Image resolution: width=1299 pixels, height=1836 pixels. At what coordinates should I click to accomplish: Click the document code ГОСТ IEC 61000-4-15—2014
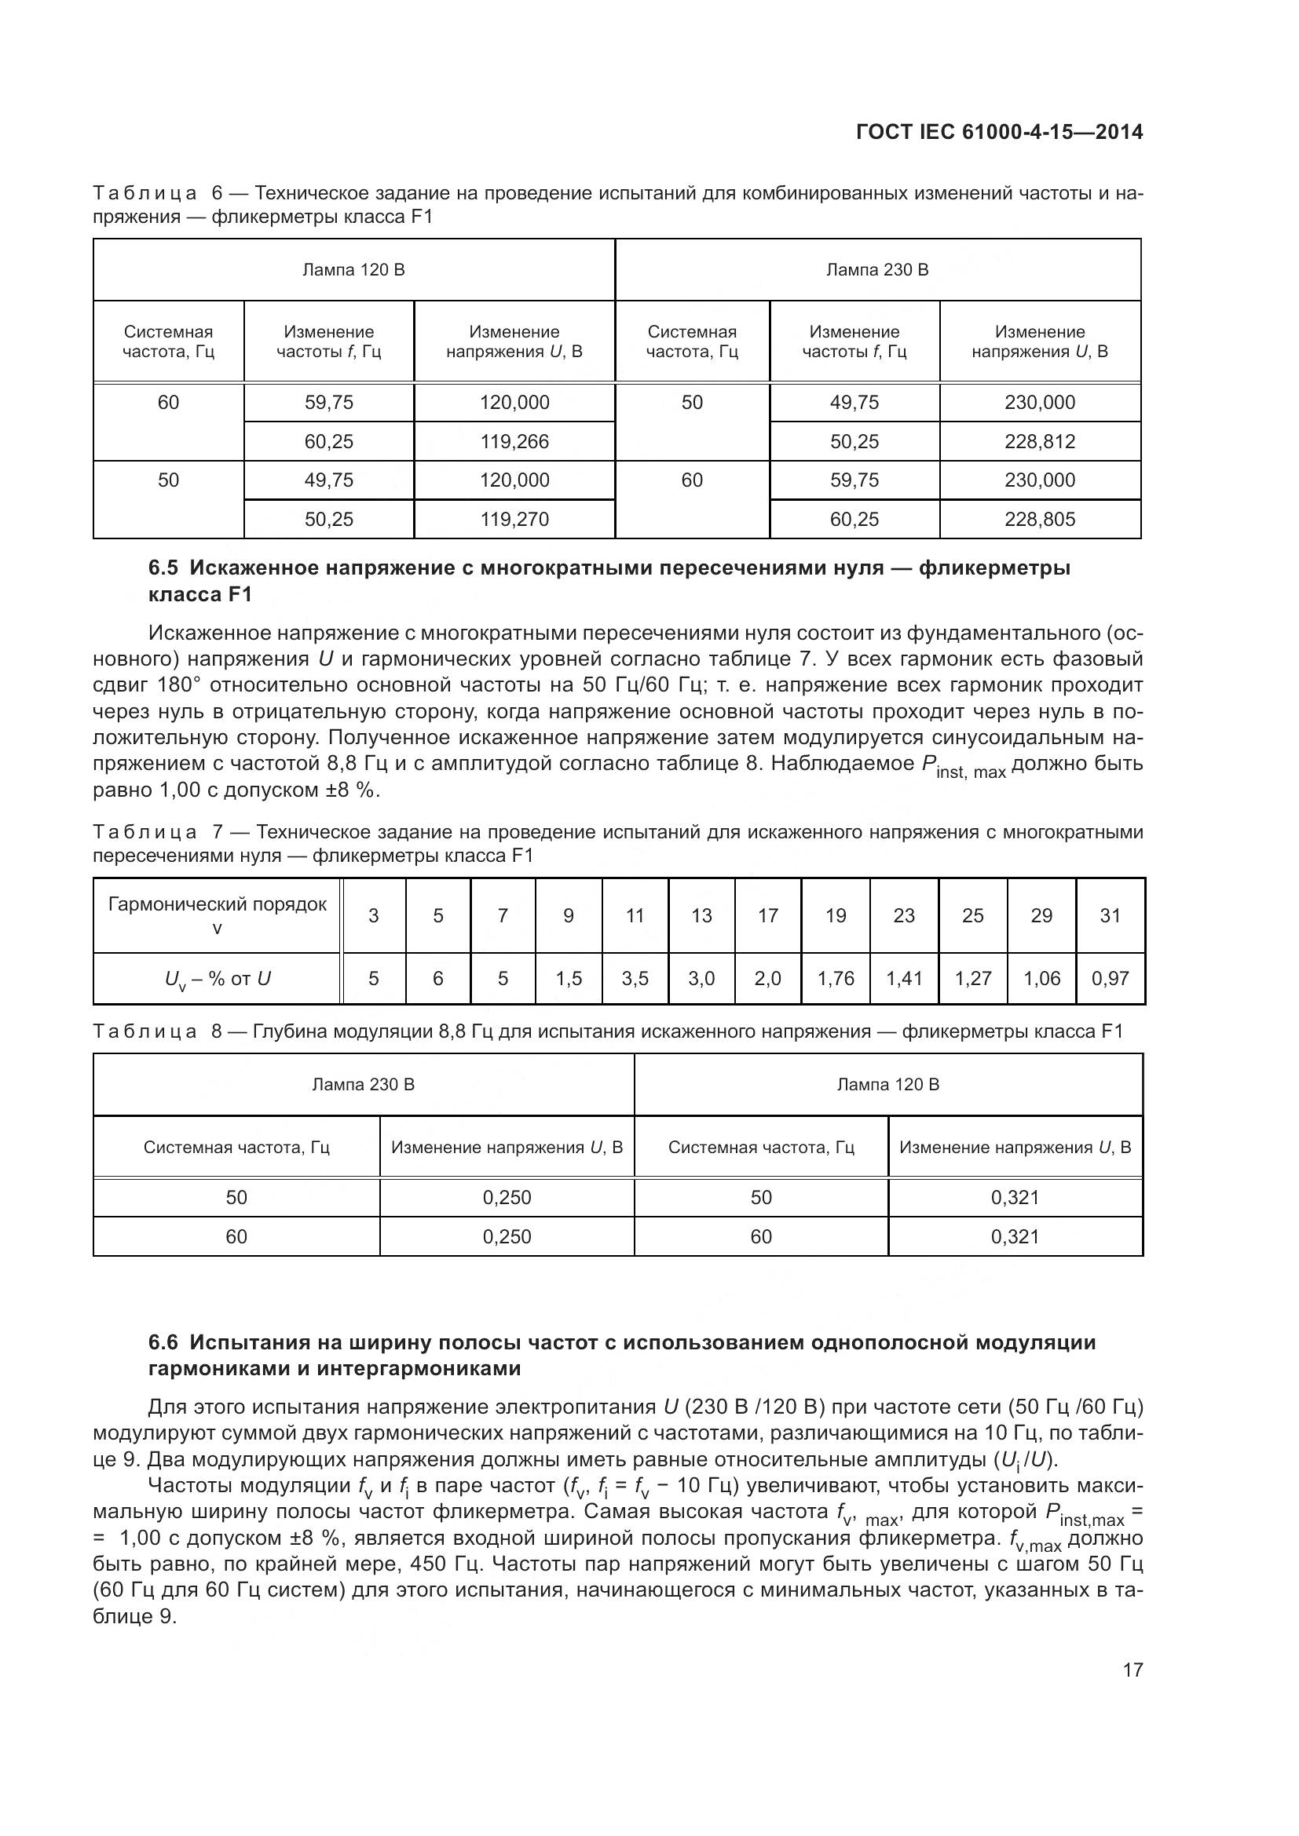tap(998, 133)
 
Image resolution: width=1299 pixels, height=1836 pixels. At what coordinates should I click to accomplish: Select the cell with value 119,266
tap(514, 441)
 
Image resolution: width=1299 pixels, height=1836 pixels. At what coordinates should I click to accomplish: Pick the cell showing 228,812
tap(1039, 441)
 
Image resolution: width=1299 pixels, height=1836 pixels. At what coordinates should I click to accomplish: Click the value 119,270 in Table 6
tap(514, 519)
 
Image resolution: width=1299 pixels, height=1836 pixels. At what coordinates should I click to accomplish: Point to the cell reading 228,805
tap(1039, 519)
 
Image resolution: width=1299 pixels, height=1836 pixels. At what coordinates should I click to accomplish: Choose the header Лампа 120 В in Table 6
tap(353, 270)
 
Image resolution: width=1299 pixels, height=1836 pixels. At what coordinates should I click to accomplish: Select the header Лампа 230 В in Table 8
tap(363, 1085)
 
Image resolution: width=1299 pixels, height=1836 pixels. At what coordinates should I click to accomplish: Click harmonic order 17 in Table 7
tap(768, 915)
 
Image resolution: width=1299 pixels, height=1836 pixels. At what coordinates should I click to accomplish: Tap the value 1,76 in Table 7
tap(835, 979)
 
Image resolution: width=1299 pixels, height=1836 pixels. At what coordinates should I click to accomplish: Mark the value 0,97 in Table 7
tap(1111, 979)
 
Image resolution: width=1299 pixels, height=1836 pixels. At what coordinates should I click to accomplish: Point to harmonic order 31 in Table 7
tap(1111, 915)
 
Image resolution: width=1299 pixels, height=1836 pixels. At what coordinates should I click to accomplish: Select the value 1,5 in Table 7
tap(569, 979)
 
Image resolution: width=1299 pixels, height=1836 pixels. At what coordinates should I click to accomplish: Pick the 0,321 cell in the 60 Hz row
tap(1014, 1237)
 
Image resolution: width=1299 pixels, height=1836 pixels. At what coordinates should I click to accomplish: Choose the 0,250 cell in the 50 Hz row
tap(507, 1198)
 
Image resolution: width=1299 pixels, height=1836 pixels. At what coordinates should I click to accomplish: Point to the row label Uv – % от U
tap(217, 979)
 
